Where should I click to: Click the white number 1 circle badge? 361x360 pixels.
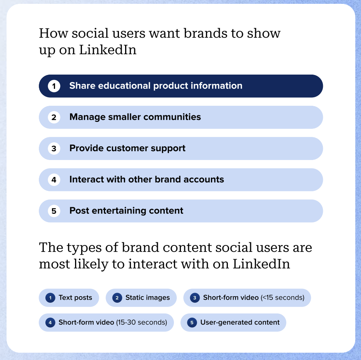pos(54,86)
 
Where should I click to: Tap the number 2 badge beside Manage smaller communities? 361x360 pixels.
pos(54,117)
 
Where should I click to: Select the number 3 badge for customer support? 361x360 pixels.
pos(54,148)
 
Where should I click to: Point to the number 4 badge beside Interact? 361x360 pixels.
pos(54,180)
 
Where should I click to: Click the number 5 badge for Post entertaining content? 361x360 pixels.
pos(54,211)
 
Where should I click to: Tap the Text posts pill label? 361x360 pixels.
pos(75,298)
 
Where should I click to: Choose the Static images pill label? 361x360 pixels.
pos(147,298)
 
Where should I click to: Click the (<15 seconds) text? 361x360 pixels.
pos(282,298)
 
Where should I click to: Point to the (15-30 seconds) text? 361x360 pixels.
pos(142,323)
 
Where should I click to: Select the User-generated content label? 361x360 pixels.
pos(240,323)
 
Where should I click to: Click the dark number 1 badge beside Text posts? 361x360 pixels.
pos(50,298)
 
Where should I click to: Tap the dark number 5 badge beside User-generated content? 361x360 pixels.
pos(192,323)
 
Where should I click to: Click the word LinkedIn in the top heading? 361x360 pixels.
pos(107,50)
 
